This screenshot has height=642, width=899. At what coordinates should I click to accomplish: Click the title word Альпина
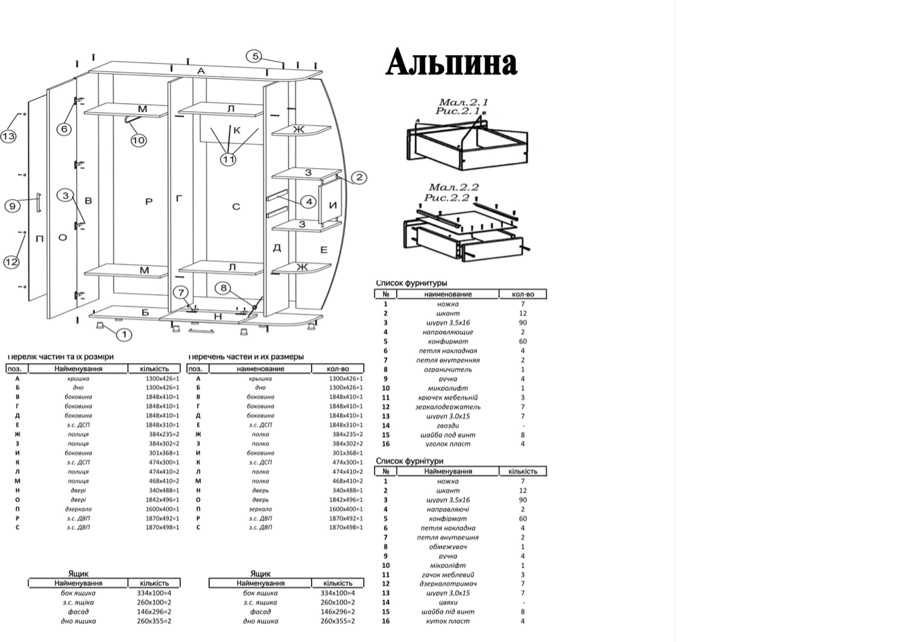point(451,63)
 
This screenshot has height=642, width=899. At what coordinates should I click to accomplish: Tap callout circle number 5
point(255,56)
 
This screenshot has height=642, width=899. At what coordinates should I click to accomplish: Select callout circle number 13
point(8,136)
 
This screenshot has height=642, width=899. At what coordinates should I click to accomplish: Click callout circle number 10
point(139,140)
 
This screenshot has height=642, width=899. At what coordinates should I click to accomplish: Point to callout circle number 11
point(229,160)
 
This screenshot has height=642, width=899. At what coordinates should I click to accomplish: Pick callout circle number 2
point(359,178)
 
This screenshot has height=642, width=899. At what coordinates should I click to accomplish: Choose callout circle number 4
point(308,202)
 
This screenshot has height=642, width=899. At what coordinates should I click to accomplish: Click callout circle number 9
point(12,205)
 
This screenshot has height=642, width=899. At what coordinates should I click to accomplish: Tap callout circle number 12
point(11,262)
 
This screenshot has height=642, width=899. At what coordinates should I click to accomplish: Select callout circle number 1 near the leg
point(124,335)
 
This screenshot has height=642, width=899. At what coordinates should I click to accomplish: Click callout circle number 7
point(180,292)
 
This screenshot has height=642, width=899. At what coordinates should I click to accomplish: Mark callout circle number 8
point(223,288)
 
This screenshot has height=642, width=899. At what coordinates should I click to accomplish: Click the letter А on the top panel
point(201,71)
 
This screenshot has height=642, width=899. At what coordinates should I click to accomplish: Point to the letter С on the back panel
point(236,206)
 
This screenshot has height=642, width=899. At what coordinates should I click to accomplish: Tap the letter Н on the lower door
point(217,316)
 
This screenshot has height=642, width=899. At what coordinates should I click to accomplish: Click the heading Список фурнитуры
point(411,283)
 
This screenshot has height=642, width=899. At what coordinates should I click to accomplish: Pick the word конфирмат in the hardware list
point(448,342)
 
